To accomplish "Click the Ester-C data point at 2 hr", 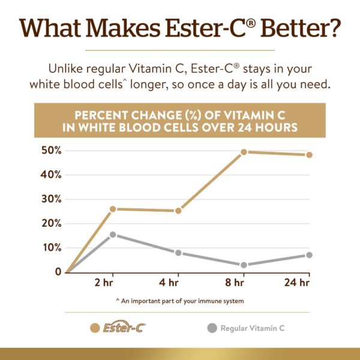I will coord(113,209).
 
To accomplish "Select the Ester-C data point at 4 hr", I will coord(178,211).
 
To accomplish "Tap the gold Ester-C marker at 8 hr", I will coord(244,152).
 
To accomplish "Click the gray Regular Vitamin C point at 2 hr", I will coord(113,235).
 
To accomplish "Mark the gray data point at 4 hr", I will coord(178,253).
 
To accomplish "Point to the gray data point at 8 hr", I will coord(244,265).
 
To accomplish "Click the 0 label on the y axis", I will coord(58,272).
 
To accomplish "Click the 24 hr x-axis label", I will coord(297,283).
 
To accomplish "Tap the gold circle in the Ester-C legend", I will coord(94,328).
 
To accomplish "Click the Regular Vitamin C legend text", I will coord(252,328).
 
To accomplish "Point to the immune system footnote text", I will coord(180,301).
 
